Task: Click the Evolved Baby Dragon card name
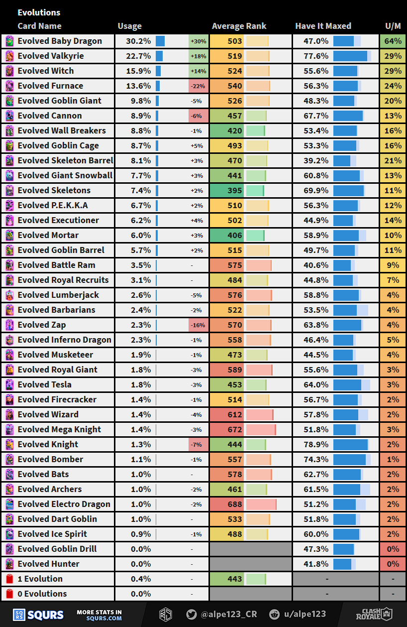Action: [x=60, y=41]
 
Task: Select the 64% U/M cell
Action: [x=393, y=41]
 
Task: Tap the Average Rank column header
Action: [x=239, y=26]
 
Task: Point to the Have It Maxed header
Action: [x=323, y=26]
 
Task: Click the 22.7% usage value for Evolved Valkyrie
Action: [x=138, y=56]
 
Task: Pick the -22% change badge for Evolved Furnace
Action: [x=198, y=86]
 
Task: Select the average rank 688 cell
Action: [x=235, y=504]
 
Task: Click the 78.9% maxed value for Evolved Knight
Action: [x=316, y=445]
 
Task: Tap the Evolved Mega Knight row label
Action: [x=59, y=430]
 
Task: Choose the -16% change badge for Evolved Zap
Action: [x=198, y=325]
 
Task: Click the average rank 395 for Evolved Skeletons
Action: [x=235, y=191]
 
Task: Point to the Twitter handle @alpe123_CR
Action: [x=228, y=615]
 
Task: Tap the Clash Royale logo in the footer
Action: [x=377, y=614]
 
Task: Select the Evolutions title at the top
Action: [x=39, y=12]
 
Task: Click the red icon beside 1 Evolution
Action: [x=9, y=579]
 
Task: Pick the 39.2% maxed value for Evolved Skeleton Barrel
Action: [x=316, y=161]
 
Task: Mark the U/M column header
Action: [x=393, y=26]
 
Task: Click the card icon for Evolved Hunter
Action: [x=9, y=564]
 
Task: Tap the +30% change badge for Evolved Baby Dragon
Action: [x=198, y=41]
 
